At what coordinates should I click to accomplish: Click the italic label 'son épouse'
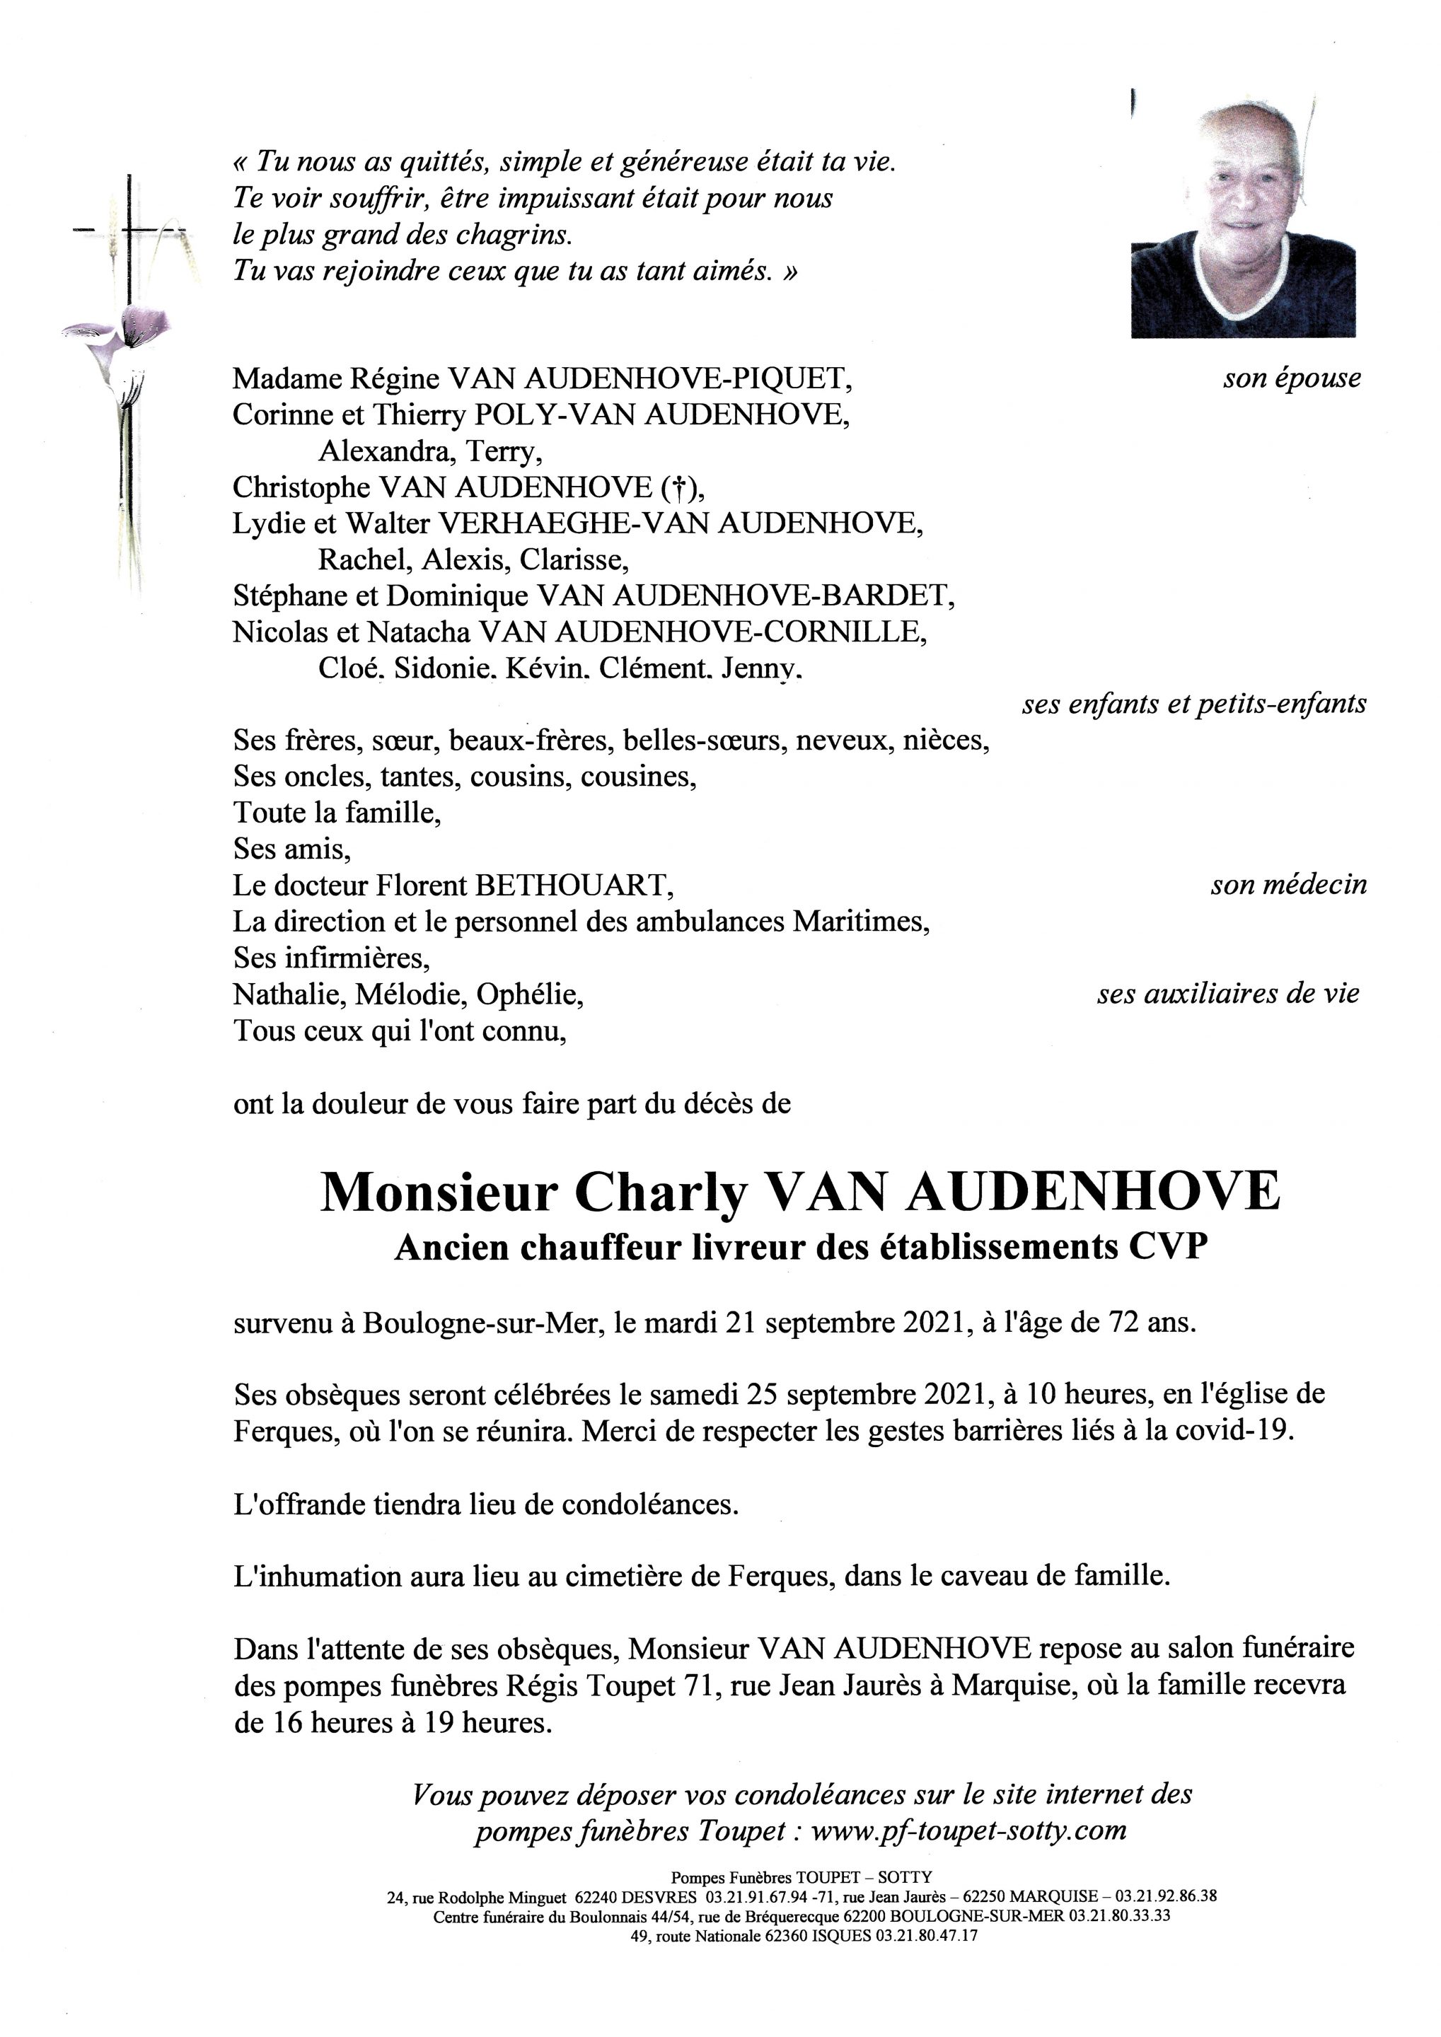pos(1291,379)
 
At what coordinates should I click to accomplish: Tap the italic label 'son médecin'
pos(1288,886)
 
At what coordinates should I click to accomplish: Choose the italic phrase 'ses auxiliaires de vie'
pos(1227,994)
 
